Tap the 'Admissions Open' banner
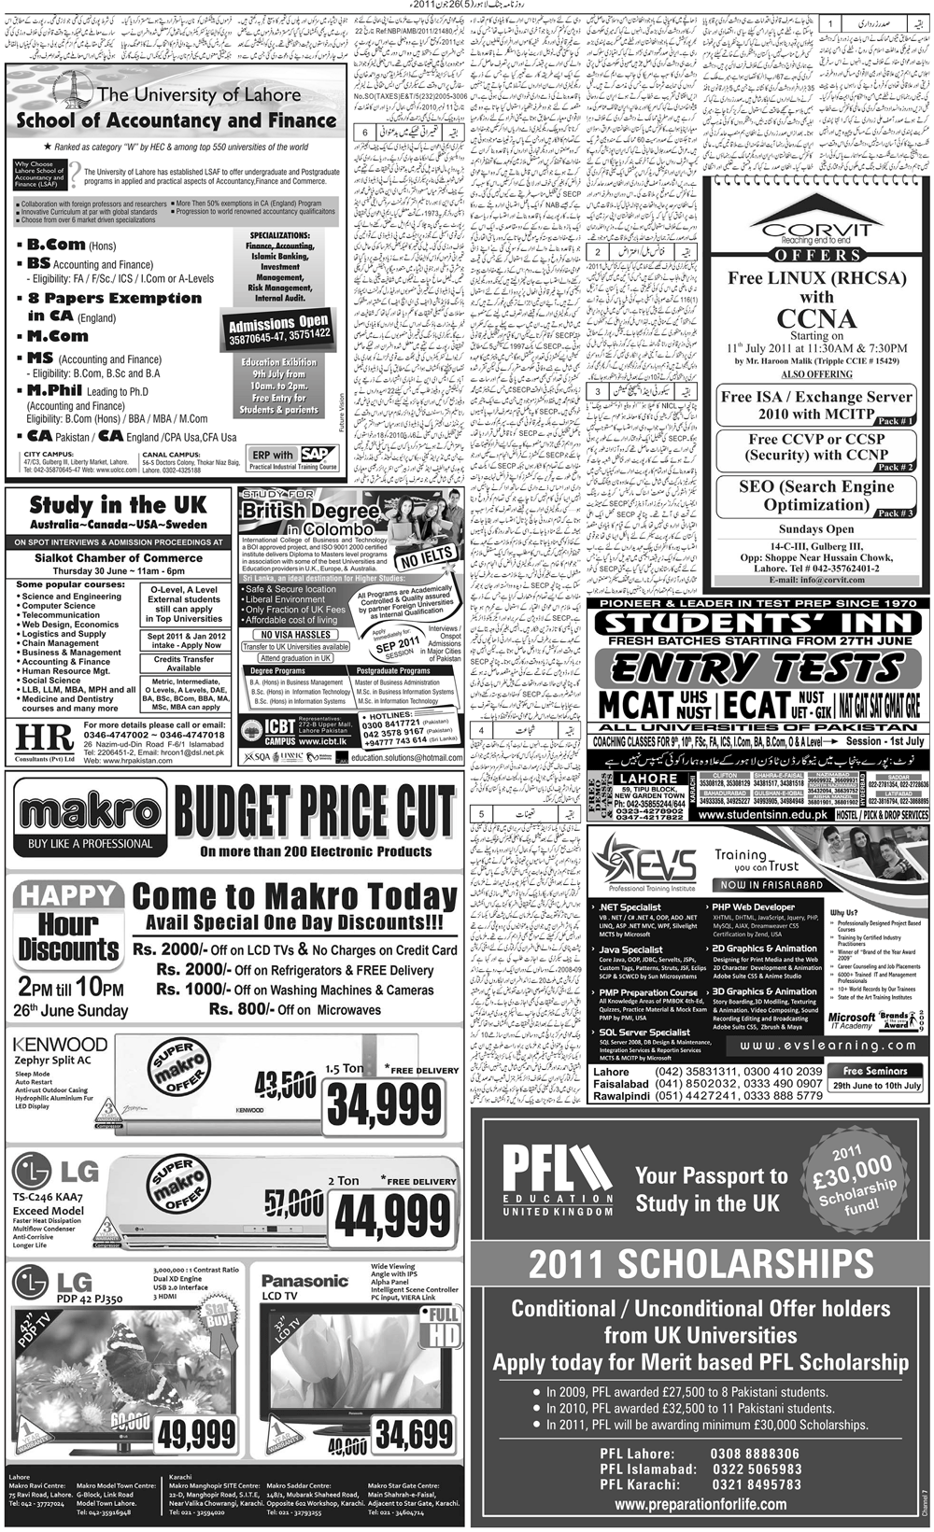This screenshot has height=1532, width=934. coord(279,328)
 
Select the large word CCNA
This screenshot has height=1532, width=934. coord(816,317)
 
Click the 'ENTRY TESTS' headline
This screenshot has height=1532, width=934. coord(757,668)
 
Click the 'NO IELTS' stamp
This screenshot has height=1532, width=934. coord(426,559)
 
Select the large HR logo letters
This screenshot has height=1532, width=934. coord(44,738)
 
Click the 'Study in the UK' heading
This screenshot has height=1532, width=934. coord(118,506)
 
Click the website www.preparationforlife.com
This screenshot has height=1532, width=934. coord(700,1504)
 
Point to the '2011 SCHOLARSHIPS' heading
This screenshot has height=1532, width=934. coord(700,1263)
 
